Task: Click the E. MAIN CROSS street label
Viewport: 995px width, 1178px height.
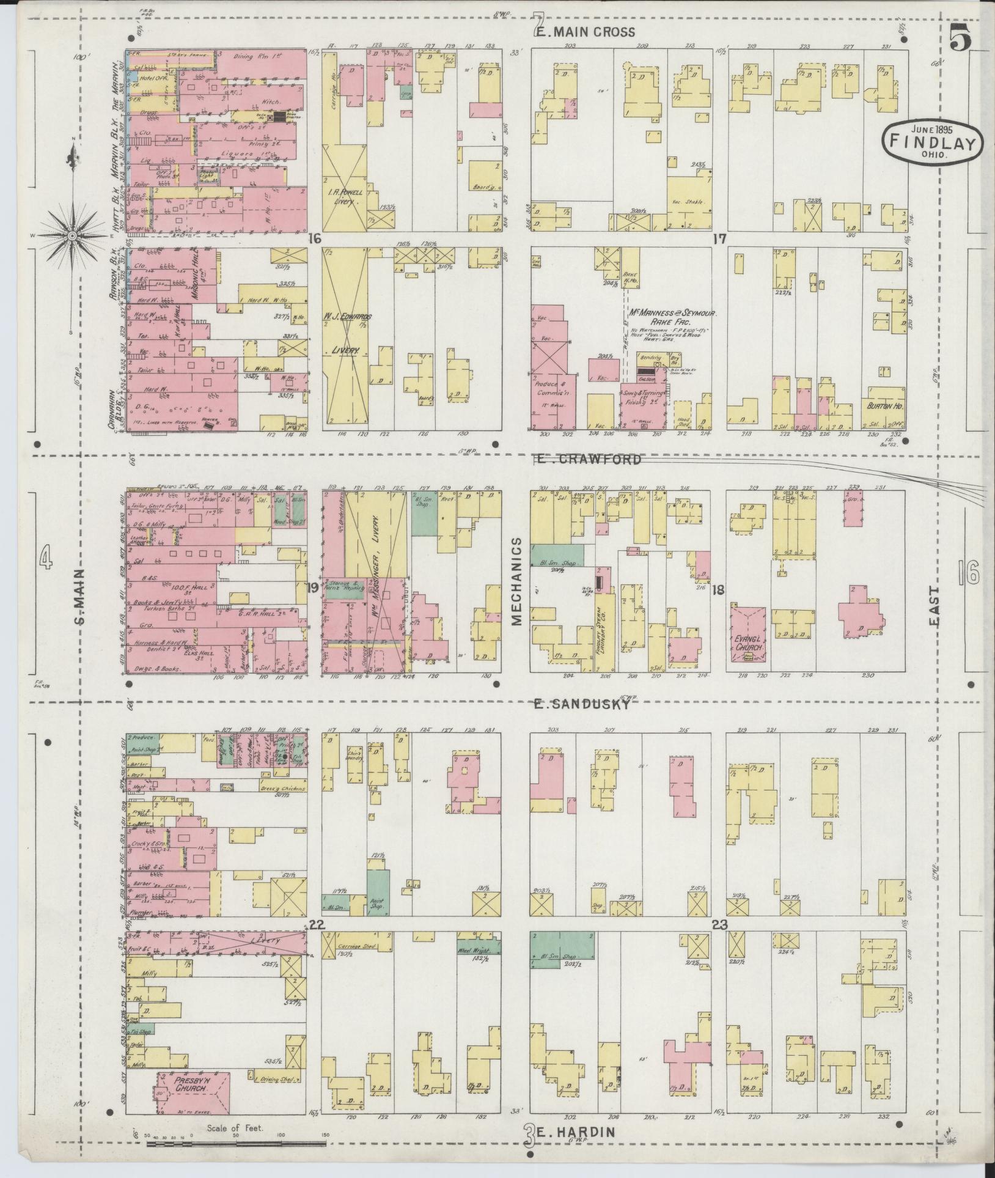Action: coord(586,32)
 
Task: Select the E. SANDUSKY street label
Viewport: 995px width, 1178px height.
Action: coord(581,704)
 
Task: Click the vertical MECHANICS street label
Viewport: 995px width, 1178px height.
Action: coord(517,581)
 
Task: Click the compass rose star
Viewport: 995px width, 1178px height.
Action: coord(72,235)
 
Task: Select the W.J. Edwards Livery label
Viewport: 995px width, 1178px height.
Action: coord(347,333)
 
